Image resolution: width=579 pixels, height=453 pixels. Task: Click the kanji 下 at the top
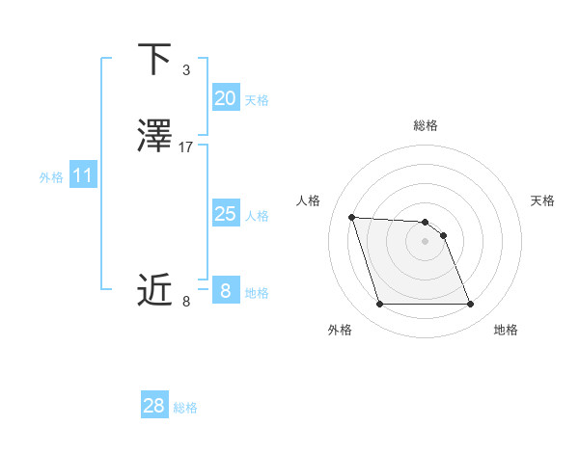coord(154,61)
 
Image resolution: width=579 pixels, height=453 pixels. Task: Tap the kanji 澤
coord(154,136)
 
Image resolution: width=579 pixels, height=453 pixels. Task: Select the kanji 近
coord(154,289)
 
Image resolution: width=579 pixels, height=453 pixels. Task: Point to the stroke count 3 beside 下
coord(185,70)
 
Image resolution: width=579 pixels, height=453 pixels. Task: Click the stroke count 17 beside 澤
coord(186,147)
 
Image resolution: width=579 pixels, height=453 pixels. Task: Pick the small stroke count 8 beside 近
coord(185,301)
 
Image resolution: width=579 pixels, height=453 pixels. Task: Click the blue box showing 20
coord(225,98)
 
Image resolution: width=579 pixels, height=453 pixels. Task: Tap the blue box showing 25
coord(225,214)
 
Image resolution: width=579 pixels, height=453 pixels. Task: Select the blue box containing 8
coord(225,290)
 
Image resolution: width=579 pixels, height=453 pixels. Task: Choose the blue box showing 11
coord(83,176)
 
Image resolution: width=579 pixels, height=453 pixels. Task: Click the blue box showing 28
coord(154,406)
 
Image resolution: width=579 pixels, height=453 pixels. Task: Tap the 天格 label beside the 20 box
coord(257,100)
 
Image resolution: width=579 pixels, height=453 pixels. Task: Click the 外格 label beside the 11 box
coord(51,177)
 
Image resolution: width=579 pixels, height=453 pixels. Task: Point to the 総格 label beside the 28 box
coord(185,408)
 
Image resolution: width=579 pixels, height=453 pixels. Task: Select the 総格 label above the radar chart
coord(425,125)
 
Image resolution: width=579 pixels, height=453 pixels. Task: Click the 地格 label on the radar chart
coord(506,330)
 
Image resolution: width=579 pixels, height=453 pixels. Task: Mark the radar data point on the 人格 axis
coord(352,217)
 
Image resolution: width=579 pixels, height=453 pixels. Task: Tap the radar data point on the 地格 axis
coord(470,305)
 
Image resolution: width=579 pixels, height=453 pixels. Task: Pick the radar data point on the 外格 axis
coord(379,305)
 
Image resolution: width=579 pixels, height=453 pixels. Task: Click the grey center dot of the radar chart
coord(425,241)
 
